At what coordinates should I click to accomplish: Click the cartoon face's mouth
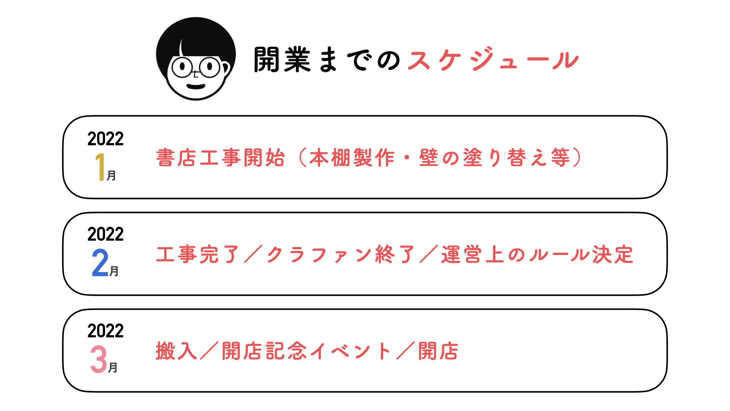196,86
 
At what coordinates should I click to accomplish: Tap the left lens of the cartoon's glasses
182,68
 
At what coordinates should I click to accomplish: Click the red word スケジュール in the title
493,60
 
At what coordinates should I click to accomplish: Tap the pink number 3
98,359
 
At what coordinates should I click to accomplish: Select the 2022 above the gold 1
105,139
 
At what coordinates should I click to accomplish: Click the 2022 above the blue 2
105,234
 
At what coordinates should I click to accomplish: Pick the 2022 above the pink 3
105,331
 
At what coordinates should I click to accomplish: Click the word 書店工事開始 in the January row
221,158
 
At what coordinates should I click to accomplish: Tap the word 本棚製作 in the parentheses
352,158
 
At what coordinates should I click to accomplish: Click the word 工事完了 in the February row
198,254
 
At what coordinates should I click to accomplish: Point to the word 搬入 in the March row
176,351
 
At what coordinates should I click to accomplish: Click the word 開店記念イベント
306,351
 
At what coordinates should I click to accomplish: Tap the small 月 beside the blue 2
114,271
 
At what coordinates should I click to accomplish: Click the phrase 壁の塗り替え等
495,158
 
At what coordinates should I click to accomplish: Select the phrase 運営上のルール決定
537,254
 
